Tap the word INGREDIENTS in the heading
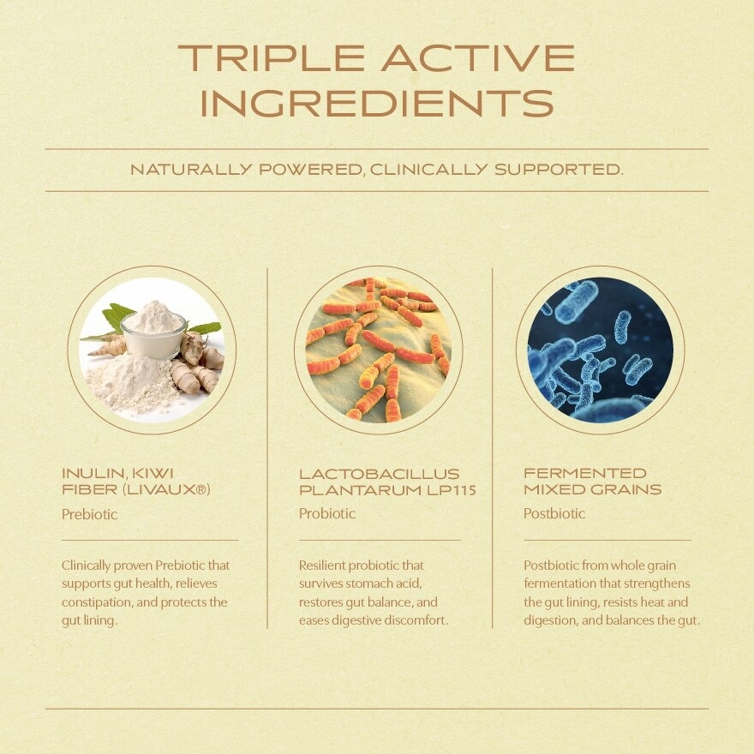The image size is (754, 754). click(x=377, y=103)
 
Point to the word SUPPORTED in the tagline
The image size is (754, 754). click(x=559, y=170)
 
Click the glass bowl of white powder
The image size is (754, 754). click(x=153, y=335)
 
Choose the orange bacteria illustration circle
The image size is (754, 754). click(x=379, y=350)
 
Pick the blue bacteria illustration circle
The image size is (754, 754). click(x=600, y=350)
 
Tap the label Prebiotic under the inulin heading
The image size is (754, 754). click(x=89, y=515)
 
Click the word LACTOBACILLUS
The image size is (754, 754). click(x=380, y=474)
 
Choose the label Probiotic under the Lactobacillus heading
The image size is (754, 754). click(x=327, y=513)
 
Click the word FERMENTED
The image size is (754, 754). click(x=585, y=473)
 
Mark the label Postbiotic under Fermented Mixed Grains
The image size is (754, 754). click(x=554, y=513)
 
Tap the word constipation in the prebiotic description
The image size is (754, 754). click(x=97, y=602)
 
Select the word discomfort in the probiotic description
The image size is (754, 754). click(x=420, y=621)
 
